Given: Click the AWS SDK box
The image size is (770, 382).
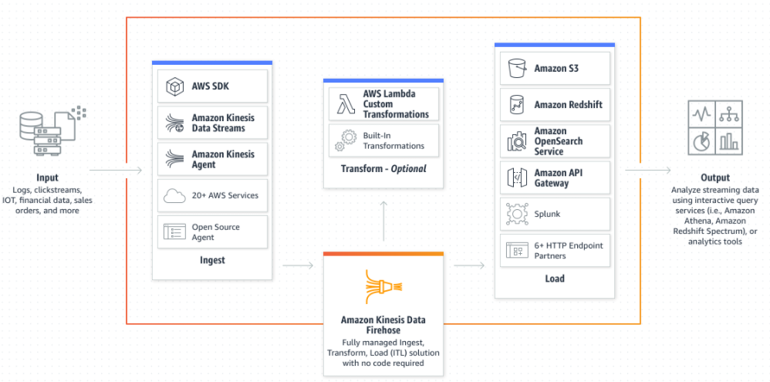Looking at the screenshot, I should tap(212, 86).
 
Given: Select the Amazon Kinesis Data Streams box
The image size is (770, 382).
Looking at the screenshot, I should tap(212, 123).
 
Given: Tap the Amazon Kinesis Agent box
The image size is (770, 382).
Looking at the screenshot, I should tap(212, 159).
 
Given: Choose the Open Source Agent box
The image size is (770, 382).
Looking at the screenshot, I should tap(212, 232).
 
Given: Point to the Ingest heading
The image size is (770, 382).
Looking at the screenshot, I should tap(212, 260).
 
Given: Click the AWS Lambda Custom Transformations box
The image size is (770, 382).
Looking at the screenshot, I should tap(383, 104).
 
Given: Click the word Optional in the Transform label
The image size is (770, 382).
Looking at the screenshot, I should tap(408, 169).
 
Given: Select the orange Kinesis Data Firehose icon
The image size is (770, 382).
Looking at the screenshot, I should tap(383, 286).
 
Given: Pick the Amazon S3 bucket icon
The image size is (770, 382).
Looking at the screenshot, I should tap(515, 69).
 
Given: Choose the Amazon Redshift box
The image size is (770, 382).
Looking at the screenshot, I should tap(555, 104).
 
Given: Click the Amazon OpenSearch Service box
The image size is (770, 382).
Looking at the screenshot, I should tap(555, 141).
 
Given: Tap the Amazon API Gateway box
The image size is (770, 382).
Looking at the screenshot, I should tap(555, 178).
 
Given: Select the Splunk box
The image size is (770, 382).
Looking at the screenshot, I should tap(555, 215).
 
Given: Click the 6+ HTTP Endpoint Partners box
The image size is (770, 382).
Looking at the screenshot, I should tap(555, 250).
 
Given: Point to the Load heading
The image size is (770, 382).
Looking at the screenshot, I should tap(555, 279).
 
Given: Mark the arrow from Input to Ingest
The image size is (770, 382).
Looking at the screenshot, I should tap(117, 170).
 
